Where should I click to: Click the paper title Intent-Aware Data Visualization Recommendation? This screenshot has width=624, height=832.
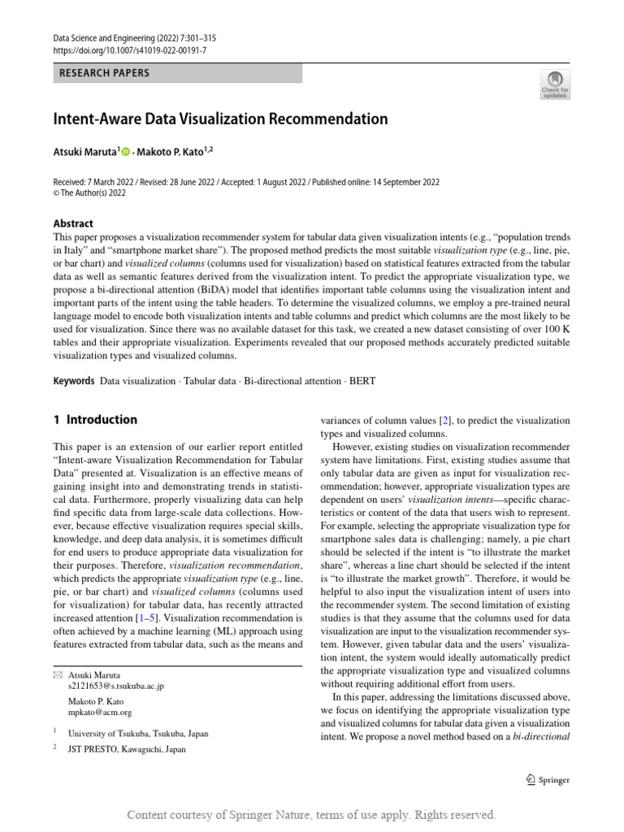220,119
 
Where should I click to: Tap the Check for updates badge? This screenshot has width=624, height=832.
556,84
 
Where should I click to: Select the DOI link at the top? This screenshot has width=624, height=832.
129,50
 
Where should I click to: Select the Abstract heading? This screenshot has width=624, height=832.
73,223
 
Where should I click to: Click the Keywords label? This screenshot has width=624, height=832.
73,380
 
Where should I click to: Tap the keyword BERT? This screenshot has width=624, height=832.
362,380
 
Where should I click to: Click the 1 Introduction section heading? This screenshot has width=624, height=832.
95,420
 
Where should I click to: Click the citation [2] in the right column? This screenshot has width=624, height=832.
445,420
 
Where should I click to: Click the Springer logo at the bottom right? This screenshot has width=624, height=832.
548,780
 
